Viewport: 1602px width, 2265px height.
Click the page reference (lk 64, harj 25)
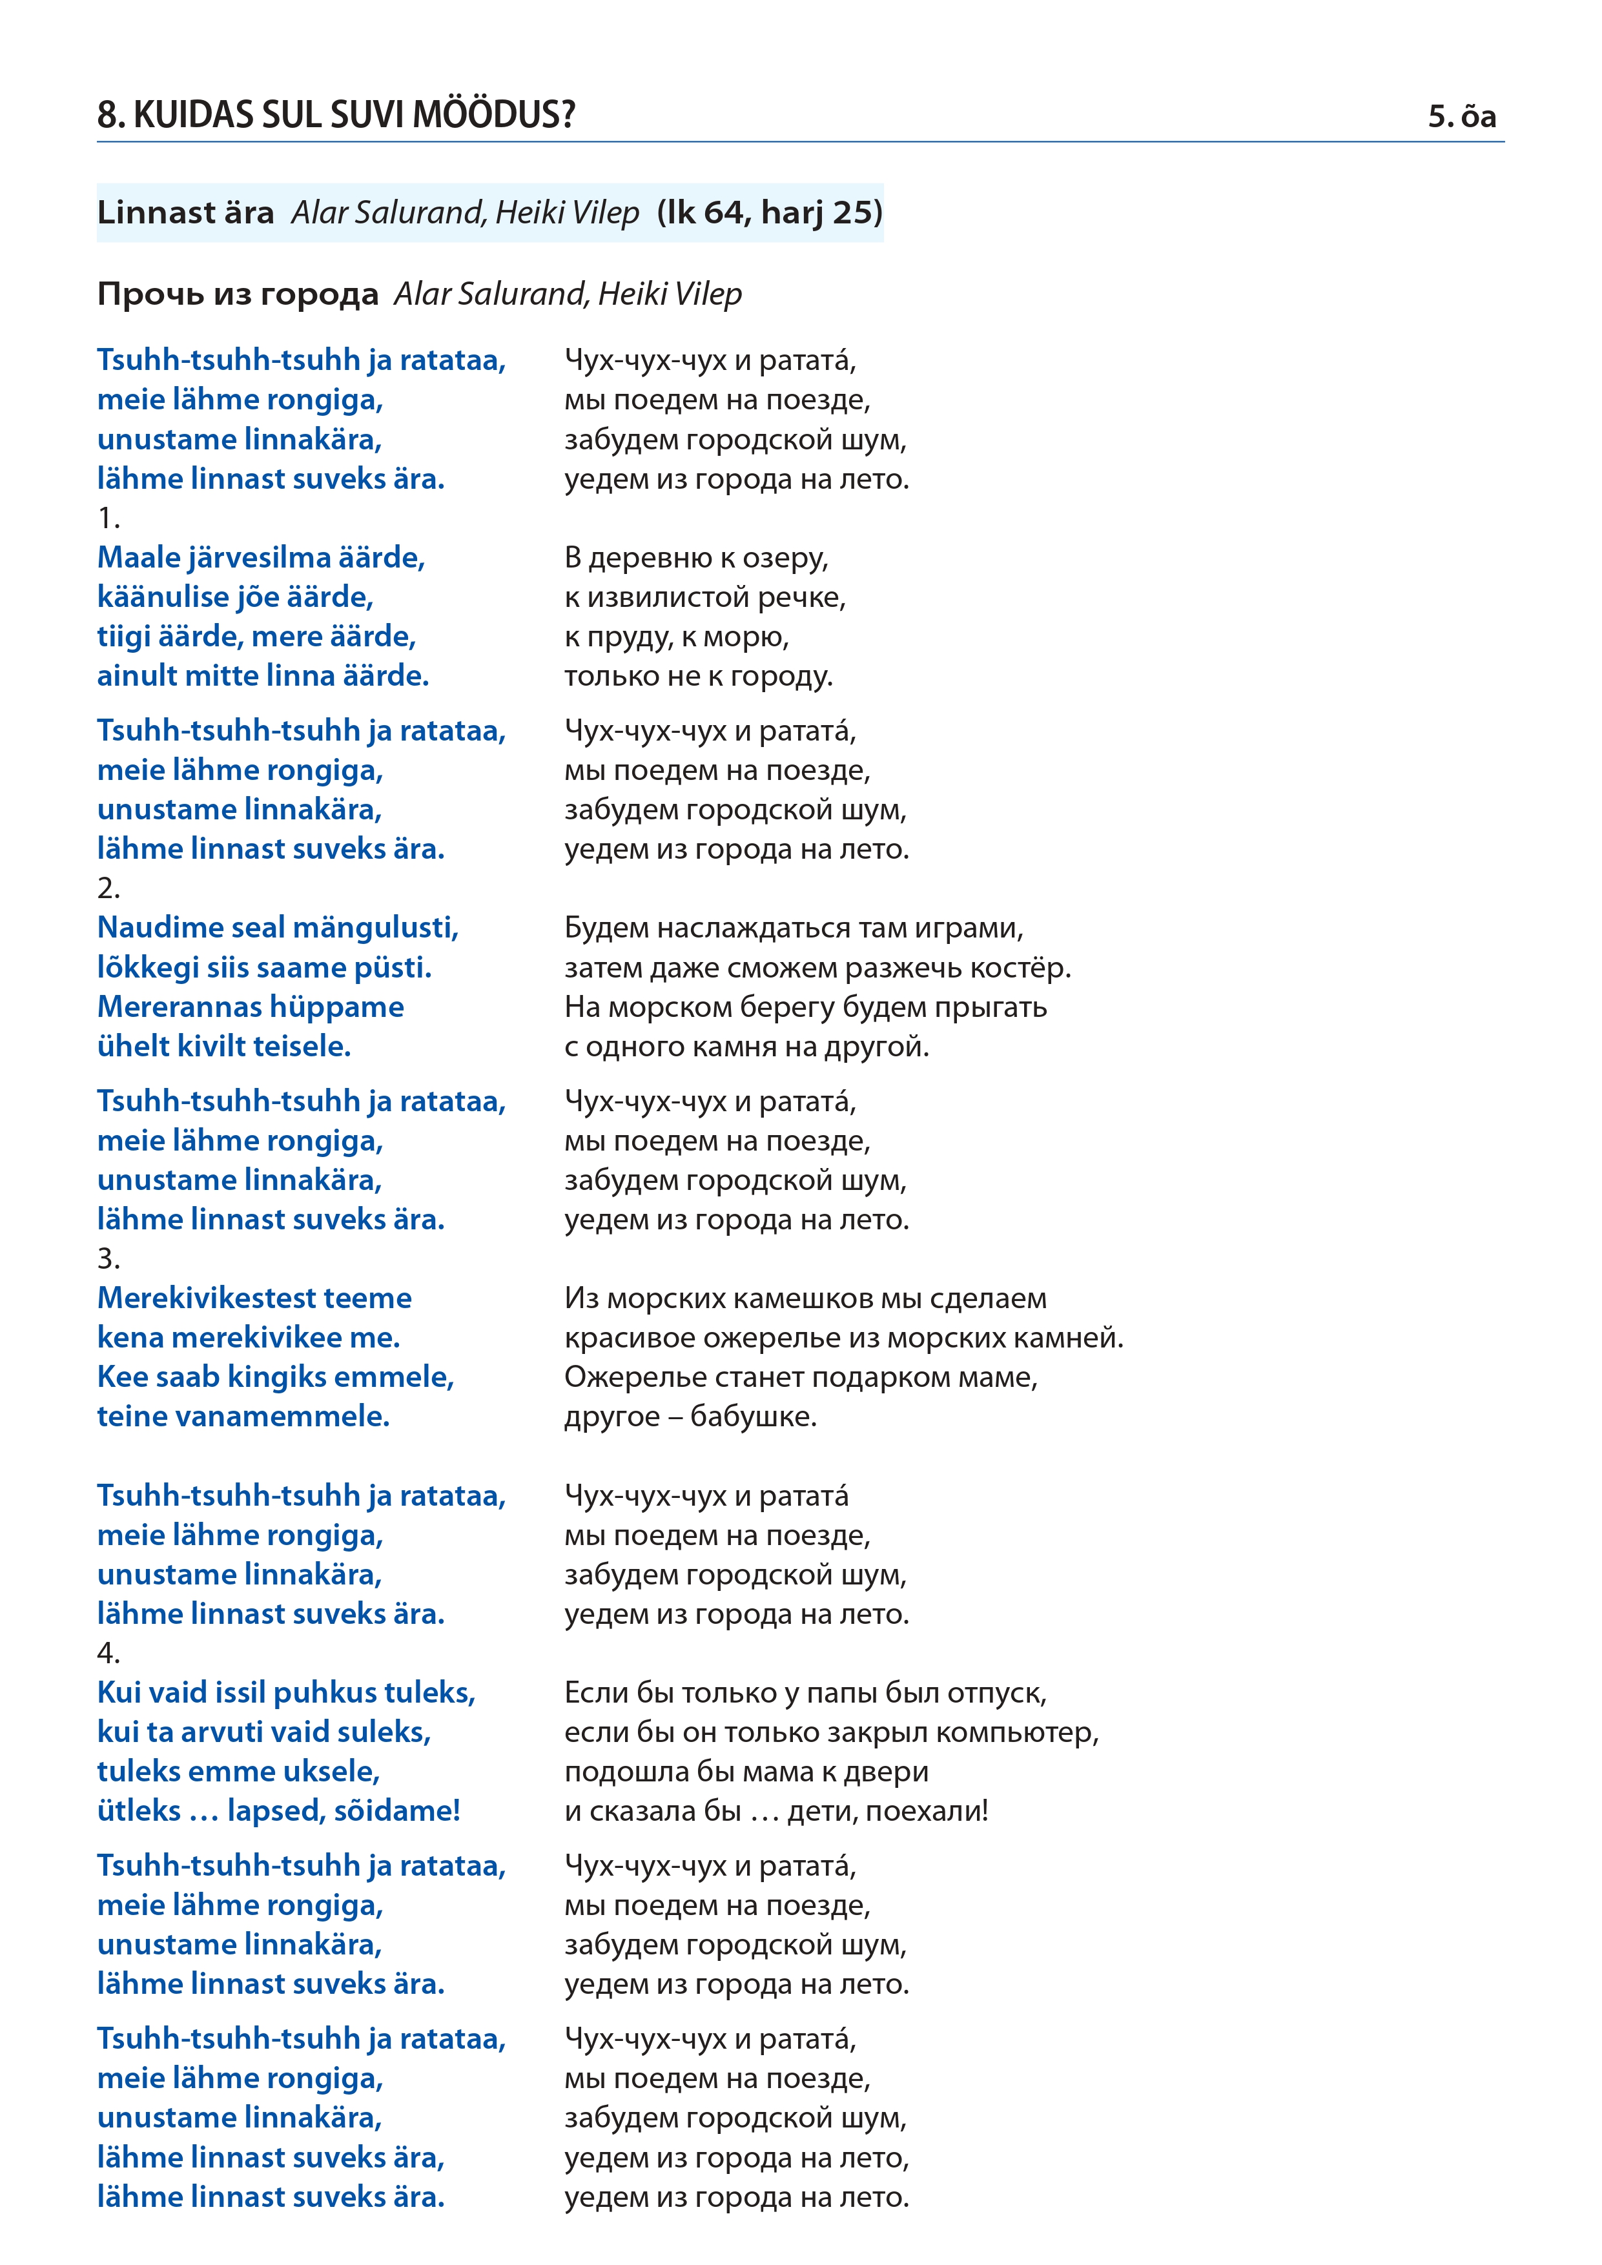pos(770,212)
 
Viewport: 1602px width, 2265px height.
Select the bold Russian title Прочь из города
pos(238,294)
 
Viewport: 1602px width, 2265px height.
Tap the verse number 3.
pos(108,1259)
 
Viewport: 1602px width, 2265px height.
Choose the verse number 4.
pos(108,1652)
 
